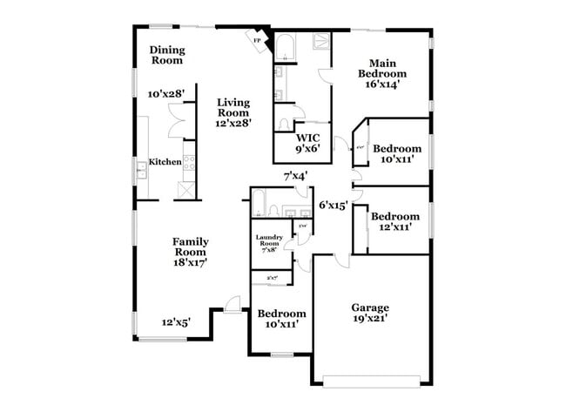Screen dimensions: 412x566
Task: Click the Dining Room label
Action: tap(167, 55)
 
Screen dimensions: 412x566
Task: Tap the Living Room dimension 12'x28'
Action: tap(233, 124)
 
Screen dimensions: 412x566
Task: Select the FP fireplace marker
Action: tap(258, 40)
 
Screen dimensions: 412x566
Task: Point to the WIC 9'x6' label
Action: tap(307, 143)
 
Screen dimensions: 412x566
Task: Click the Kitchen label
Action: tap(165, 162)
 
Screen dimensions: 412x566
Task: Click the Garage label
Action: tap(370, 307)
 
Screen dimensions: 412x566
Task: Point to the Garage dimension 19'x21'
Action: tap(370, 319)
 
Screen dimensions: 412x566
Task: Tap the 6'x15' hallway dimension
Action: tap(334, 206)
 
